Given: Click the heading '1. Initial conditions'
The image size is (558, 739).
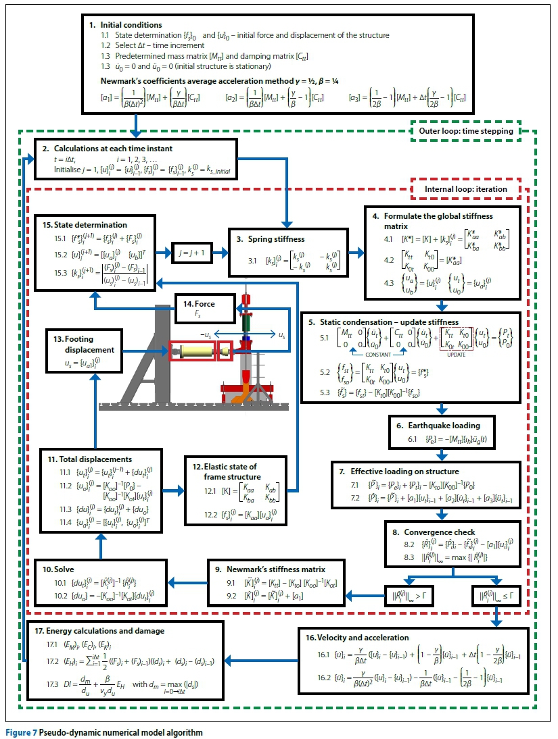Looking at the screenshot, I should point(126,24).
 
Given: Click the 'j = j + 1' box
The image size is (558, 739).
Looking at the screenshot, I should point(194,253).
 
